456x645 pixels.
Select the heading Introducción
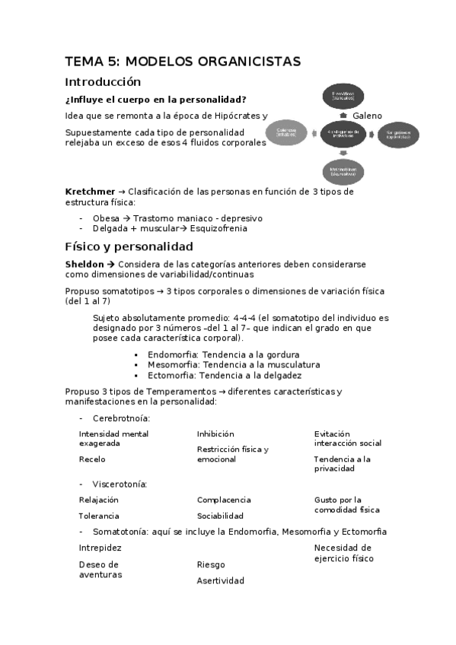point(103,81)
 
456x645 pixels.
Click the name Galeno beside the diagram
point(367,115)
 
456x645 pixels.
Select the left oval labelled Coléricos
point(286,132)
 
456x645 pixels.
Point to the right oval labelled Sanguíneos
point(398,134)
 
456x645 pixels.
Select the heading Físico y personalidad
point(129,246)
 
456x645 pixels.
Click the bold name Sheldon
point(86,264)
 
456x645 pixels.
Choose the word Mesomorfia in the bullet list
point(173,364)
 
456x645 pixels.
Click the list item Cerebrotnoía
point(120,418)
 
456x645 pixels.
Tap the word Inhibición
point(215,434)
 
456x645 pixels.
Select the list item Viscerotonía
point(120,484)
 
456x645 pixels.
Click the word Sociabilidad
point(220,516)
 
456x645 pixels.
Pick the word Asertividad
point(220,580)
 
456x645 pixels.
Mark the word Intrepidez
point(100,548)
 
